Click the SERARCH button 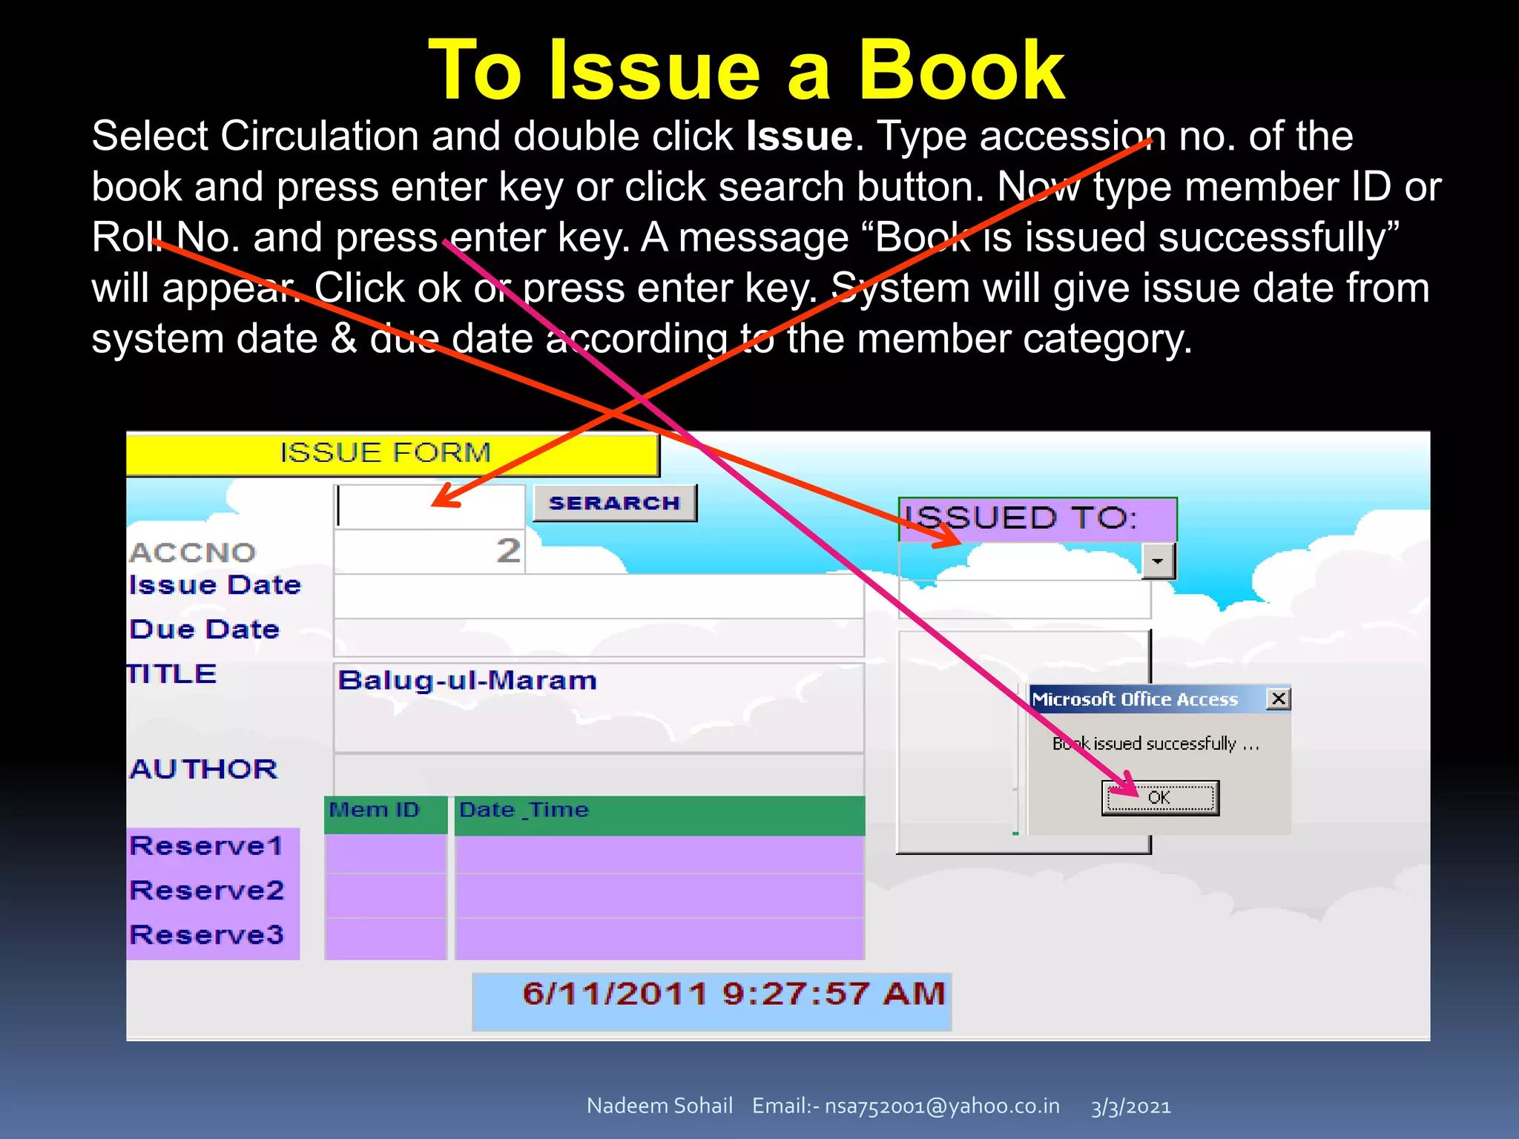pos(614,504)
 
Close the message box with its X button pos(1278,699)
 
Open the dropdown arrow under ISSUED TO pos(1157,561)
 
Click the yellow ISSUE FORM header pos(386,453)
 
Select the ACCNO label pos(193,552)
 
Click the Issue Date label pos(215,585)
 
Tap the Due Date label pos(205,630)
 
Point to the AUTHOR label pos(204,769)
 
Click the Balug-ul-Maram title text pos(467,681)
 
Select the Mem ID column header pos(375,810)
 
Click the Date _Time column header pos(524,810)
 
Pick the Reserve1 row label pos(206,846)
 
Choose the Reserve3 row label pos(206,935)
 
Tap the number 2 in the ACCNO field pos(508,551)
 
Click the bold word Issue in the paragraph pos(800,136)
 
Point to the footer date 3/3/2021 pos(1130,1107)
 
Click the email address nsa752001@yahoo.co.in pos(942,1106)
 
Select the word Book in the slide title pos(961,71)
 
